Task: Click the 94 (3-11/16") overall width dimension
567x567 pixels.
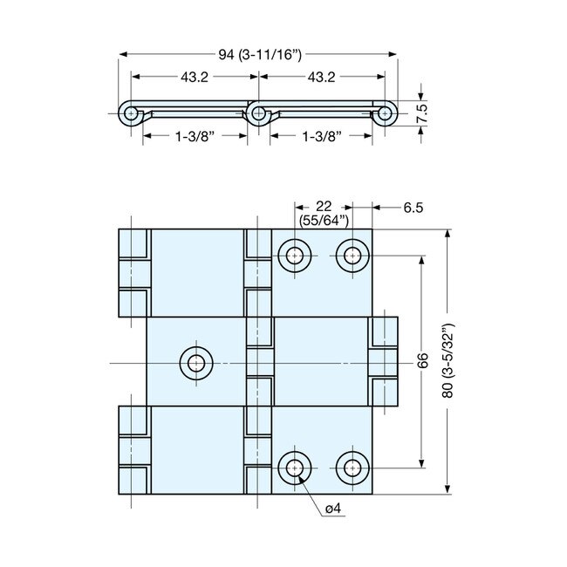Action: pyautogui.click(x=259, y=55)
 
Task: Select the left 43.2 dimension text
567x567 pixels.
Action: pyautogui.click(x=194, y=78)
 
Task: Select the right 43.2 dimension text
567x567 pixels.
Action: pyautogui.click(x=321, y=78)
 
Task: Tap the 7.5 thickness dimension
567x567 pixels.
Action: pyautogui.click(x=421, y=113)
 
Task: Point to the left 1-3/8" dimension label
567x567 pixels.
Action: pyautogui.click(x=195, y=136)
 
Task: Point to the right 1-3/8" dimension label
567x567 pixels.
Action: pyautogui.click(x=321, y=136)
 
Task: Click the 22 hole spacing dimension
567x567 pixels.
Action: pyautogui.click(x=323, y=206)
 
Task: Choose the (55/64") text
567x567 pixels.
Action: pyautogui.click(x=323, y=220)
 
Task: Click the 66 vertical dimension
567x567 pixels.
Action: pyautogui.click(x=422, y=360)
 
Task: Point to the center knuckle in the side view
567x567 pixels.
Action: pyautogui.click(x=257, y=113)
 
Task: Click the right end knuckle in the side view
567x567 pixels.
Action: pyautogui.click(x=386, y=113)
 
